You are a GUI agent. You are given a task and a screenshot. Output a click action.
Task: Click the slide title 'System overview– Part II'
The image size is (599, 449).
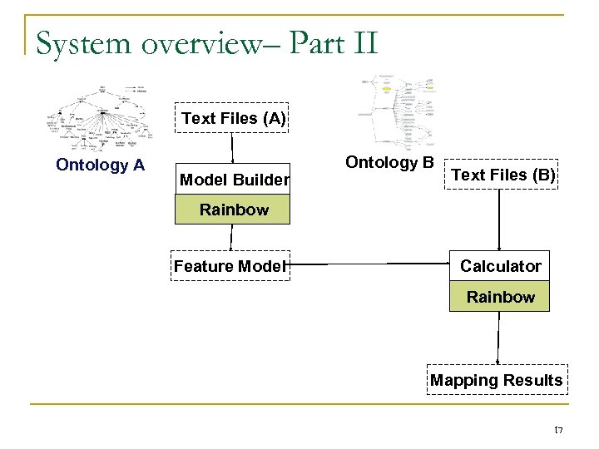point(207,42)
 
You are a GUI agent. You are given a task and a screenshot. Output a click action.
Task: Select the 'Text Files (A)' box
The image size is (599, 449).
point(234,118)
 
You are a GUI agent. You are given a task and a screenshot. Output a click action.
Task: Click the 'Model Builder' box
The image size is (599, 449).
point(234,179)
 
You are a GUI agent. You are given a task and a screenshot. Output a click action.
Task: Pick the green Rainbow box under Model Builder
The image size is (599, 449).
point(234,210)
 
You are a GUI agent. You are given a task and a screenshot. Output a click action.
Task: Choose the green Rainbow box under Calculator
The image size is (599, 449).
point(500,297)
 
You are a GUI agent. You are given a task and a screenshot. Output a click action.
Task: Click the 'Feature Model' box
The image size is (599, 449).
point(230,266)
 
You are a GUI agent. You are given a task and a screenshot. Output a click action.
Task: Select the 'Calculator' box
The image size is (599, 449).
point(500,266)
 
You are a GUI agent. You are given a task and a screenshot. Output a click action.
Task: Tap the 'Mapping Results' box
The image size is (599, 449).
point(497,380)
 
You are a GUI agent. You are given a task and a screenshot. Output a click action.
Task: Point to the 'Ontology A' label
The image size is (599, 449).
point(100,165)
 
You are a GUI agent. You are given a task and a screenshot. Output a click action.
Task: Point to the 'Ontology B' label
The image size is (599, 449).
point(389,161)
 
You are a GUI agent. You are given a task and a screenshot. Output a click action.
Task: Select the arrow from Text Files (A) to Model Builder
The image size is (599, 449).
point(233,147)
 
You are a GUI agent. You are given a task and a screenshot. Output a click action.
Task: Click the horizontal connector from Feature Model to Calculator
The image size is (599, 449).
point(369,266)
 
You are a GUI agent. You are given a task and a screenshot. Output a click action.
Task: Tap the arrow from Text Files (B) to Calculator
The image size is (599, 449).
point(499,220)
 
